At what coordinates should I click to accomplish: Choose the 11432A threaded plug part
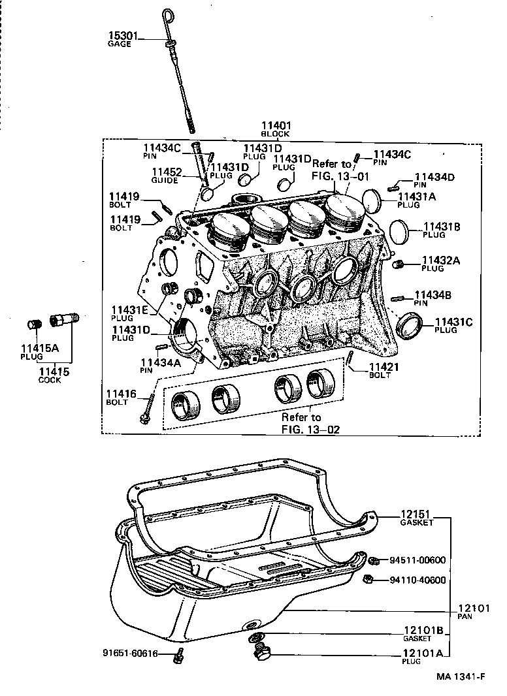pyautogui.click(x=400, y=264)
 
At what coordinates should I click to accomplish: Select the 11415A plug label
pyautogui.click(x=39, y=349)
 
